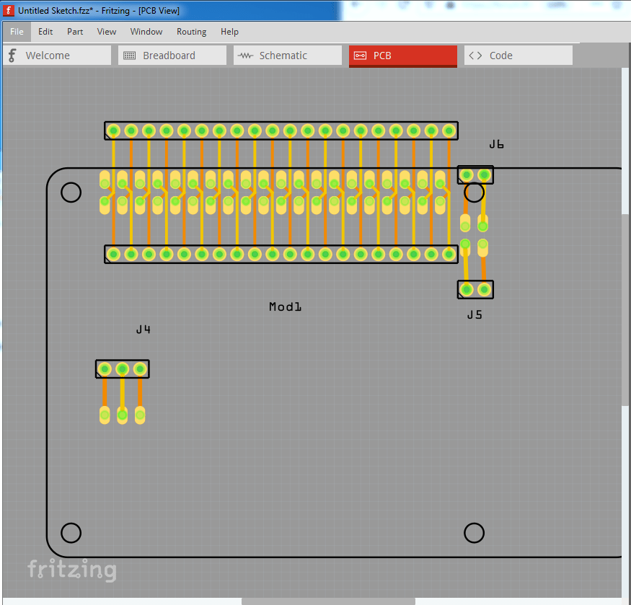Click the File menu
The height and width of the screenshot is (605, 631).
(17, 32)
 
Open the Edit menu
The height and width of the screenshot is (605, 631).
(45, 32)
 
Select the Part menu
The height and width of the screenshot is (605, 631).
(75, 32)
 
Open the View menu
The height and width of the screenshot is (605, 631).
(107, 32)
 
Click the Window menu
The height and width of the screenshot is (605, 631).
(146, 32)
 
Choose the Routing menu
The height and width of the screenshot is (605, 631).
(191, 32)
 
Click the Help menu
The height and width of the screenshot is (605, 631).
(229, 32)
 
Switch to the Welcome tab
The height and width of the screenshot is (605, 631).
(57, 56)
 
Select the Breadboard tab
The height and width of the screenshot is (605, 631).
(172, 56)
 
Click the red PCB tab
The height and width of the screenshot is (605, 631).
(402, 56)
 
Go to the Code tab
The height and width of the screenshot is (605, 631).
(518, 56)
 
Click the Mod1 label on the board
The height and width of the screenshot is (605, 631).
(285, 307)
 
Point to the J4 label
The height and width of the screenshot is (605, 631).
(144, 330)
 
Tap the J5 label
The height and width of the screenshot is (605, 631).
(475, 314)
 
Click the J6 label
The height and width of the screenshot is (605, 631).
(496, 144)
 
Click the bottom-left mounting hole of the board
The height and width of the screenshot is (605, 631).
(71, 533)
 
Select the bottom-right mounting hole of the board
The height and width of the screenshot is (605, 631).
(474, 533)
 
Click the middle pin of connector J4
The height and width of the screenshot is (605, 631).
(123, 369)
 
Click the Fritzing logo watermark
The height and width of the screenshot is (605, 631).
(71, 570)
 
